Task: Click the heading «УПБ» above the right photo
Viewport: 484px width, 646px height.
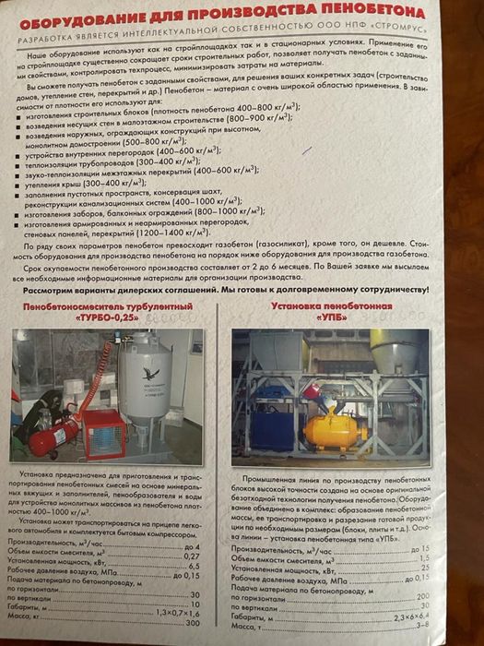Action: [333, 317]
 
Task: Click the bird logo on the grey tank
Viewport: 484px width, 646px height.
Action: [151, 373]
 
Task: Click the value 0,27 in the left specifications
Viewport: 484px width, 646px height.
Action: [192, 555]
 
